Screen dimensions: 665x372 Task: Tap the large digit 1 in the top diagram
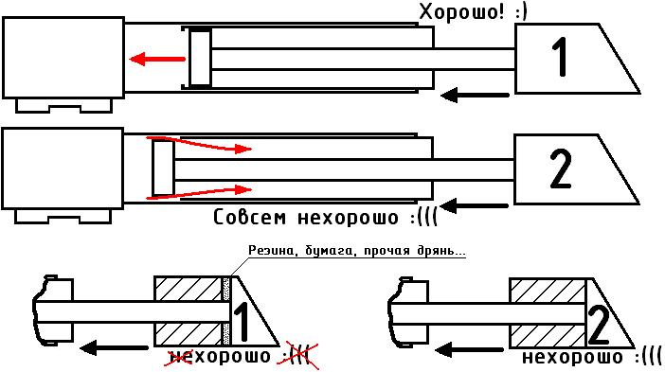pos(561,57)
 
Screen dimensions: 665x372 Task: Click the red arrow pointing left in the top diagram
pos(157,59)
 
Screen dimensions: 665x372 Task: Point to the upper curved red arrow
pos(199,144)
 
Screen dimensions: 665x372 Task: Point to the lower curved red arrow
pos(199,193)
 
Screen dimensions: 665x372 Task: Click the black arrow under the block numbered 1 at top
pos(475,95)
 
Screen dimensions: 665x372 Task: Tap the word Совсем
pos(250,218)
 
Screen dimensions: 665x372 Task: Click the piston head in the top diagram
pos(200,59)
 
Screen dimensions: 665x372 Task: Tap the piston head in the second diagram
pos(163,168)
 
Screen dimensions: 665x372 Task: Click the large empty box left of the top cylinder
pos(63,58)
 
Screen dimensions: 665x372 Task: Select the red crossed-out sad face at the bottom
pos(299,355)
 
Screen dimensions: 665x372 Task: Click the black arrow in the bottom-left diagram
pos(114,348)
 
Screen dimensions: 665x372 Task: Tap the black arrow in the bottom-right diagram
pos(469,350)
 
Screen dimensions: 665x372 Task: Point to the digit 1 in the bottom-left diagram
pos(242,322)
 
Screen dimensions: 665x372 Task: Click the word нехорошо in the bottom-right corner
pos(572,357)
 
